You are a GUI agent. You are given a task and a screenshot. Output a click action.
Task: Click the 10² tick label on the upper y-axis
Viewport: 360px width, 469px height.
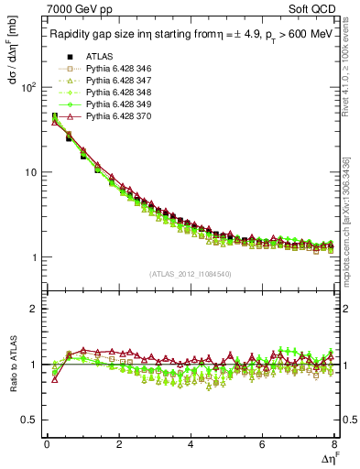27,87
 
